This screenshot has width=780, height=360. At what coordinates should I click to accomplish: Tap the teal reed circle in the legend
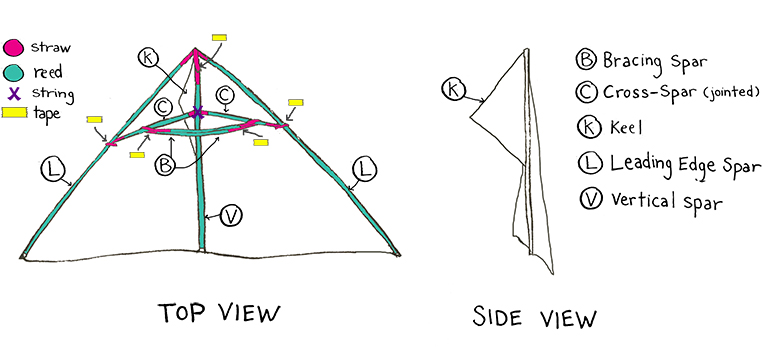[x=15, y=73]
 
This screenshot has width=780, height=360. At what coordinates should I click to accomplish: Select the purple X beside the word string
[x=14, y=95]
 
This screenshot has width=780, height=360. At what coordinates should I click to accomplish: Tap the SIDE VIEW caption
[x=535, y=319]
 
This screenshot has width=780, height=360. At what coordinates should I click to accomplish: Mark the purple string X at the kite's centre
[x=198, y=114]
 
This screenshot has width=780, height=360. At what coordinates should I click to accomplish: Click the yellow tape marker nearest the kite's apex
[x=220, y=37]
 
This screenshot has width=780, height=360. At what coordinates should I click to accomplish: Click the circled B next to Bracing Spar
[x=586, y=59]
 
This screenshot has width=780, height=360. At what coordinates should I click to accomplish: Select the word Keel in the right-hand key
[x=625, y=127]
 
